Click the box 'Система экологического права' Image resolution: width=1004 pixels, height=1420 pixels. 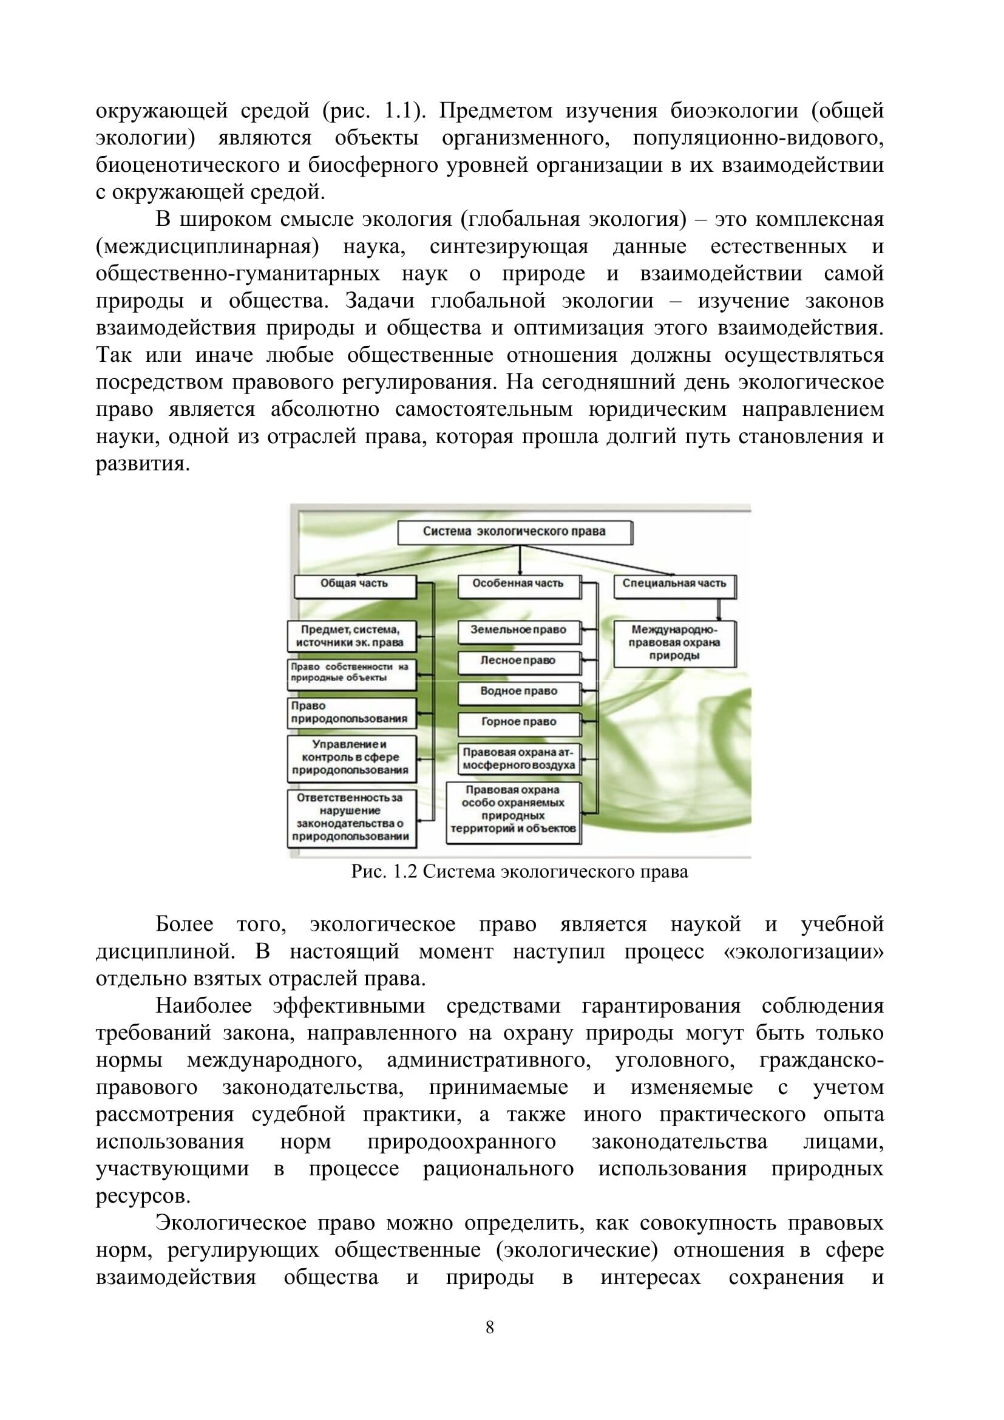(514, 532)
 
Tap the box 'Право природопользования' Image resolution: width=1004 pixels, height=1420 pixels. (350, 713)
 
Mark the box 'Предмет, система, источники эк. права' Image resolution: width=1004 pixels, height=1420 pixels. (350, 636)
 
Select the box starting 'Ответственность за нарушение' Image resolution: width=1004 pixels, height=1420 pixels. (350, 818)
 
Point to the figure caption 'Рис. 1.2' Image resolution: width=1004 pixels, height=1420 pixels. (520, 872)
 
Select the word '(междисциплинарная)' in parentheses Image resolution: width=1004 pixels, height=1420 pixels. (207, 246)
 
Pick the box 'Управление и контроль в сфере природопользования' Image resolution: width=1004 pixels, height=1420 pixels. (350, 758)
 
